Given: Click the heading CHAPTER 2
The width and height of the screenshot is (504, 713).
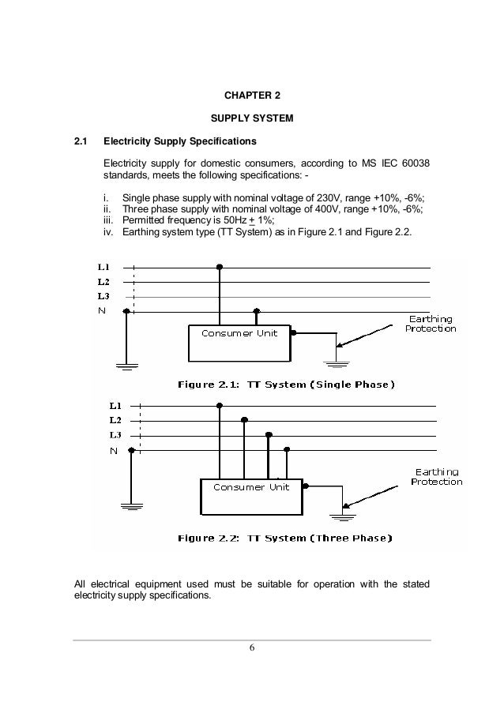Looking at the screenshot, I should pyautogui.click(x=252, y=96).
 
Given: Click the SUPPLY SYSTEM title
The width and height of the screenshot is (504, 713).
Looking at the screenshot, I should pyautogui.click(x=252, y=119).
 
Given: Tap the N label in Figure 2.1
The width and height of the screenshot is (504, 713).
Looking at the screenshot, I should pyautogui.click(x=101, y=311).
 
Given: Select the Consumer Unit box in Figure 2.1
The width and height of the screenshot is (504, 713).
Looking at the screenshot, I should pyautogui.click(x=239, y=342).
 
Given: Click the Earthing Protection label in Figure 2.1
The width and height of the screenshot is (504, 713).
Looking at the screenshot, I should pyautogui.click(x=431, y=323).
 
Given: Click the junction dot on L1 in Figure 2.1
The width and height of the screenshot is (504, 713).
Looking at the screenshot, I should pyautogui.click(x=220, y=268).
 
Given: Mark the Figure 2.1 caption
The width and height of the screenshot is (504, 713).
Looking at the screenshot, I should pyautogui.click(x=285, y=385).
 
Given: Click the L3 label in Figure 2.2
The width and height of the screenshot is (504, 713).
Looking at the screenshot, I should pyautogui.click(x=115, y=435).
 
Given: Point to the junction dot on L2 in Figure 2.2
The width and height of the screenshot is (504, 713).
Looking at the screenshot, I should pyautogui.click(x=244, y=420).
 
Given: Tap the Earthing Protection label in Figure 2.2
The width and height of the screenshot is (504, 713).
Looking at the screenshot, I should pyautogui.click(x=436, y=476).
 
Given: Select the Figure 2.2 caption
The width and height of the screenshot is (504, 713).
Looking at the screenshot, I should pyautogui.click(x=284, y=539).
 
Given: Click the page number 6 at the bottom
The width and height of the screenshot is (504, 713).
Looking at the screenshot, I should pyautogui.click(x=252, y=648).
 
